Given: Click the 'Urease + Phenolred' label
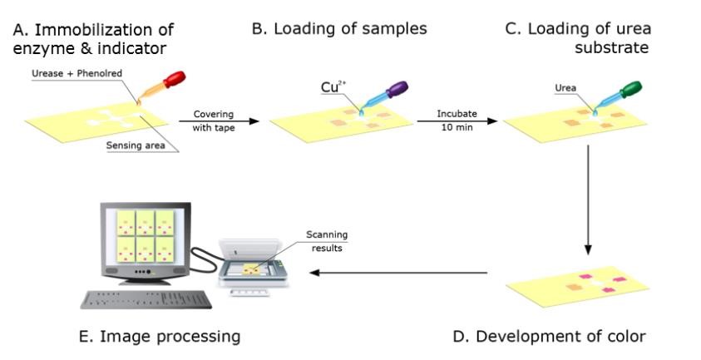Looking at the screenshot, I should point(67,73).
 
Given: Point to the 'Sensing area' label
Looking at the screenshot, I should point(135,143).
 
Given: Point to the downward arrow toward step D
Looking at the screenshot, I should point(588,200).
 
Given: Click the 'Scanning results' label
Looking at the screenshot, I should point(325,241).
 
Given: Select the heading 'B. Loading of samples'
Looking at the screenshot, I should point(339,29).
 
